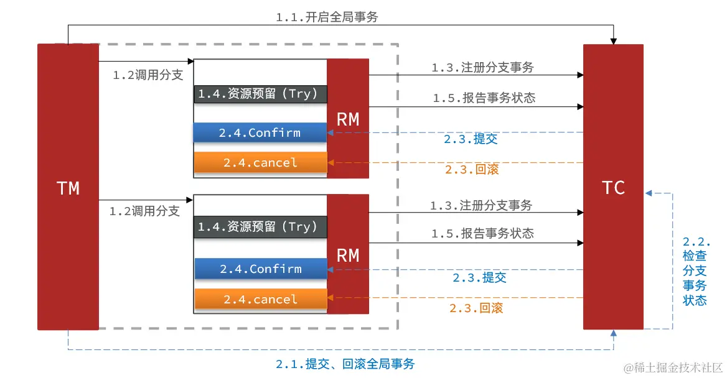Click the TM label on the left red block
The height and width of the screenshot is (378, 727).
[68, 188]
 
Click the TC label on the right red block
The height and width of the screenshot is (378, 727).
[613, 188]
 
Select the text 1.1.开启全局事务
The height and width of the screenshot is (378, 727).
[326, 17]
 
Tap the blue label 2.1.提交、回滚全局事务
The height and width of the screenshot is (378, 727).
[345, 364]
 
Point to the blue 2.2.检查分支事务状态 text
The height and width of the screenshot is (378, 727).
[695, 271]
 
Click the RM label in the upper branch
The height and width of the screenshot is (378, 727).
[347, 119]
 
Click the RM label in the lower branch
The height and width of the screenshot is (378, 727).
[347, 255]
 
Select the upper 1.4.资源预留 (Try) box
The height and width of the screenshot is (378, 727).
[260, 94]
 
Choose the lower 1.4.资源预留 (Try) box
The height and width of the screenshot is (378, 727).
[260, 227]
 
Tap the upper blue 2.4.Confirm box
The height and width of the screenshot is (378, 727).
[260, 132]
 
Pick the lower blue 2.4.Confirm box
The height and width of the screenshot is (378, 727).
[260, 269]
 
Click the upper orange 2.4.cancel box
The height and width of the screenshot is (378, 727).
[260, 163]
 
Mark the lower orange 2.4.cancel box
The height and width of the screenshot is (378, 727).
[260, 299]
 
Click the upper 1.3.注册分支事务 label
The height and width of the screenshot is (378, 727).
[482, 68]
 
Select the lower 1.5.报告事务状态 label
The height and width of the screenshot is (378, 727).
[482, 233]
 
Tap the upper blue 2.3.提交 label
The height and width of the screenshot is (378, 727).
[470, 139]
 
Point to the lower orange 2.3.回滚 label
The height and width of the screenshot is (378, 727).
[476, 308]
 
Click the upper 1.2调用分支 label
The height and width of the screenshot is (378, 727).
[148, 75]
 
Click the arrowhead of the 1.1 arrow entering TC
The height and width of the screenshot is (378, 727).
[613, 41]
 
